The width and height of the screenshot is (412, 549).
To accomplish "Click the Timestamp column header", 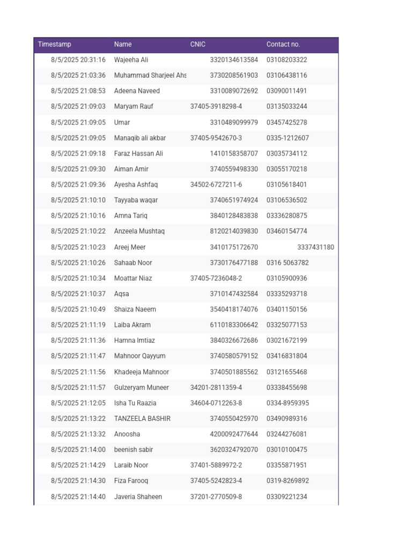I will pos(54,44).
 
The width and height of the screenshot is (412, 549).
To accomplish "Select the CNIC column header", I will pos(197,44).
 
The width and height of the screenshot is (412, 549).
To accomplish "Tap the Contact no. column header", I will pos(283,44).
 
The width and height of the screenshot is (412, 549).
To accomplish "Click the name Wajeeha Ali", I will pos(131,60).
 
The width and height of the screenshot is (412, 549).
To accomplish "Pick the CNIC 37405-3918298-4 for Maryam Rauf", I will pos(216,107).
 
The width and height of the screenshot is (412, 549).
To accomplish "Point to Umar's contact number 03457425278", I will pos(286,122).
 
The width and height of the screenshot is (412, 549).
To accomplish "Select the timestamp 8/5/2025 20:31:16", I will pos(78,60).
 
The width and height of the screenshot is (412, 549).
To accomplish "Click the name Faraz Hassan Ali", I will pos(138,153).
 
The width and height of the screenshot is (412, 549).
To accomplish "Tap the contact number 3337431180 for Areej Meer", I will pos(315,247).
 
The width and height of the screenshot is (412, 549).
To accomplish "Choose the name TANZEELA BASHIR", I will pos(142,419).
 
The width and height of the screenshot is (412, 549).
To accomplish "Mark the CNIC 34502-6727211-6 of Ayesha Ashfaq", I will pos(216,184).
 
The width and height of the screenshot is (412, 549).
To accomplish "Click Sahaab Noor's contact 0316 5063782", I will pos(288,263).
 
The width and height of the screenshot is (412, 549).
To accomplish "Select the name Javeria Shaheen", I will pos(138,497).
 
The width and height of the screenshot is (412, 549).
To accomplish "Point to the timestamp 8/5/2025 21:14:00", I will pos(78,450).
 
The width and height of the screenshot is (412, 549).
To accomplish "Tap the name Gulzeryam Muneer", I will pos(141,388).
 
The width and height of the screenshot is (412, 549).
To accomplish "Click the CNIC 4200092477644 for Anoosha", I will pos(233,434).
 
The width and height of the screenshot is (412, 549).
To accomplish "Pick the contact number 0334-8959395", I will pos(288,403).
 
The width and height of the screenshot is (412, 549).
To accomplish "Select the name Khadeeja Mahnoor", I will pos(141,372).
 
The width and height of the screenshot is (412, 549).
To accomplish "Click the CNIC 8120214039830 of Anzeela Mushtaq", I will pos(233,231).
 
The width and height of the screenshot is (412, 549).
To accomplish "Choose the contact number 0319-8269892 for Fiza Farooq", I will pos(288,481).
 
